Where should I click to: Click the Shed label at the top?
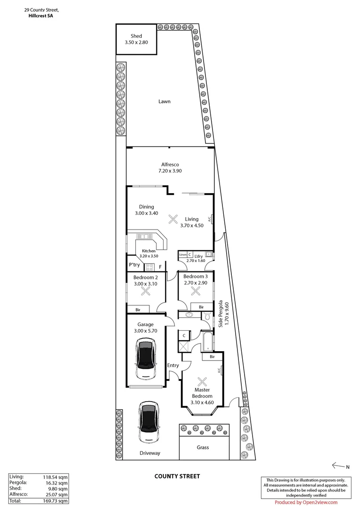pyautogui.click(x=136, y=36)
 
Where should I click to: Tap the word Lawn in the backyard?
pyautogui.click(x=164, y=101)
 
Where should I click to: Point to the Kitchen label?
pyautogui.click(x=148, y=251)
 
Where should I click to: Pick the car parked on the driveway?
pyautogui.click(x=150, y=422)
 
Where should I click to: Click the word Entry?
pyautogui.click(x=173, y=365)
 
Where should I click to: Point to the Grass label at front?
pyautogui.click(x=203, y=447)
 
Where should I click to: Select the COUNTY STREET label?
pyautogui.click(x=177, y=476)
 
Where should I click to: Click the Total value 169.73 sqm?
pyautogui.click(x=58, y=501)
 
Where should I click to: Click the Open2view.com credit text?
pyautogui.click(x=306, y=502)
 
